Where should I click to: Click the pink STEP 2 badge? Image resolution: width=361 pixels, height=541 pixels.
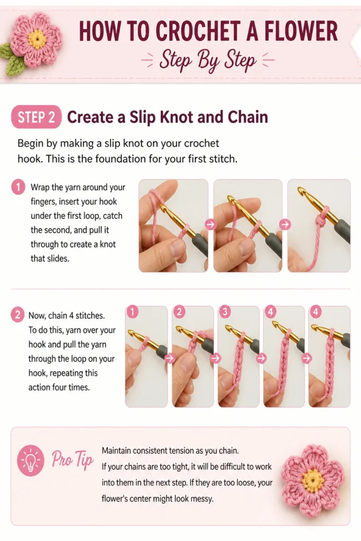click(36, 117)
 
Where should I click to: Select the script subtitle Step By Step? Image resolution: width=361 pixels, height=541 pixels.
click(208, 60)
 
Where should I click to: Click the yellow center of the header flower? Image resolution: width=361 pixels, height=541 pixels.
click(37, 39)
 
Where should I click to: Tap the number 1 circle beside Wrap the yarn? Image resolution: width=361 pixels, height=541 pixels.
click(18, 188)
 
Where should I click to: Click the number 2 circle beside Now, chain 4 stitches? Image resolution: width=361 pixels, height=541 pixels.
click(17, 315)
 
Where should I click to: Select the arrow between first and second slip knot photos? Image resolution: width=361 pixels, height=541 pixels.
click(210, 224)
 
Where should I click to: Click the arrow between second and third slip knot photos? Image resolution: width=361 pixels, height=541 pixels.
click(285, 224)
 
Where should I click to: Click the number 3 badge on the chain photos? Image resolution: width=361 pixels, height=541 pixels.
click(225, 312)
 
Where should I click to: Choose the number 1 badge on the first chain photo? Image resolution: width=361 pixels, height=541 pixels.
click(133, 312)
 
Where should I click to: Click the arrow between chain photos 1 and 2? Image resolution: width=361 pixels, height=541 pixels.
click(170, 358)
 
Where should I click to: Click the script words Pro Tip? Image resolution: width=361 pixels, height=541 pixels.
click(72, 459)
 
